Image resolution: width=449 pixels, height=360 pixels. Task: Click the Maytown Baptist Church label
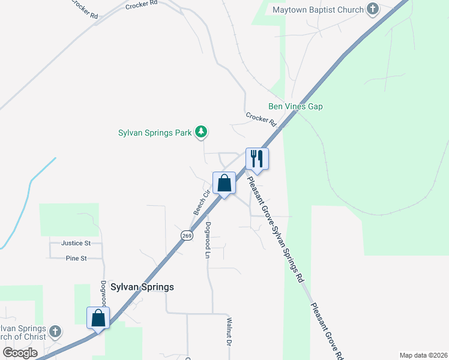(318, 10)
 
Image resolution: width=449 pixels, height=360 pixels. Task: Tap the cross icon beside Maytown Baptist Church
(373, 10)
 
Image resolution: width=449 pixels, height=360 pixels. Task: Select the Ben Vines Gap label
(295, 107)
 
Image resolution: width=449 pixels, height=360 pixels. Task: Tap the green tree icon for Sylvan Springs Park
(202, 131)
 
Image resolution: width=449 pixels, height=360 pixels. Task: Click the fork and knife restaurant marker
(257, 158)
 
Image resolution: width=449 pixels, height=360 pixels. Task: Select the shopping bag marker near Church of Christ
(98, 317)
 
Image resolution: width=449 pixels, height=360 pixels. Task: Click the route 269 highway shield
(187, 235)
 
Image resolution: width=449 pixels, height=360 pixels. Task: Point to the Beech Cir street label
(200, 203)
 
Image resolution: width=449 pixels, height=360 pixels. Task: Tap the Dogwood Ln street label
(208, 240)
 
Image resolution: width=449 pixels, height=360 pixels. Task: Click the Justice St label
(76, 244)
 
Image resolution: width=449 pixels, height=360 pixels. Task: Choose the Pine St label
(76, 258)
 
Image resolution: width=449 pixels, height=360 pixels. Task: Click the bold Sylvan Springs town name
(142, 287)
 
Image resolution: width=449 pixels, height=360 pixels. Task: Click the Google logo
(20, 353)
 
